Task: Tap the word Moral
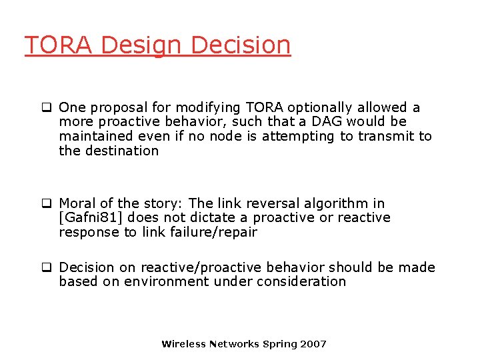77,203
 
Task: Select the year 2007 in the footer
313,344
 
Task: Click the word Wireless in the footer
183,344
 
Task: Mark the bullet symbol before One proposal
47,107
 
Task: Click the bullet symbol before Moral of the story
47,203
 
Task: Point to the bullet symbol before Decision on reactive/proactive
47,267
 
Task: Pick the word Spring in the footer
280,344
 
